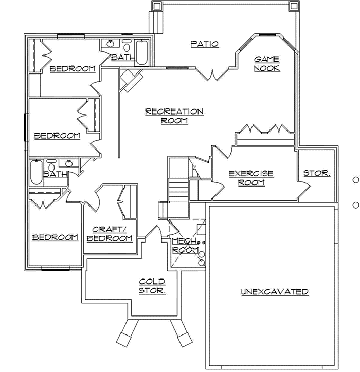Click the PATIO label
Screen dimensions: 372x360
click(205, 44)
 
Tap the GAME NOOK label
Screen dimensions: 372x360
click(267, 64)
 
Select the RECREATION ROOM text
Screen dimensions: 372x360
click(174, 116)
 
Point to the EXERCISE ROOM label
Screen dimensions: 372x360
click(251, 178)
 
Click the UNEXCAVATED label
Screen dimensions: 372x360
click(275, 292)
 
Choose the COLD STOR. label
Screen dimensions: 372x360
click(152, 286)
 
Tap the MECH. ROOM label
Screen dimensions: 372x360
click(185, 245)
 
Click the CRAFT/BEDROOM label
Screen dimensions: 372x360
click(110, 234)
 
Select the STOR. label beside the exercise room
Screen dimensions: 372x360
click(316, 174)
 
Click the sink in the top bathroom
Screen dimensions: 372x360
click(110, 44)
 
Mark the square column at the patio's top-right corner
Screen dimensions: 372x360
click(293, 6)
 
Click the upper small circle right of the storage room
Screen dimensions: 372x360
click(355, 180)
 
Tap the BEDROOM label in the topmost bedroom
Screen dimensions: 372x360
click(73, 69)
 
